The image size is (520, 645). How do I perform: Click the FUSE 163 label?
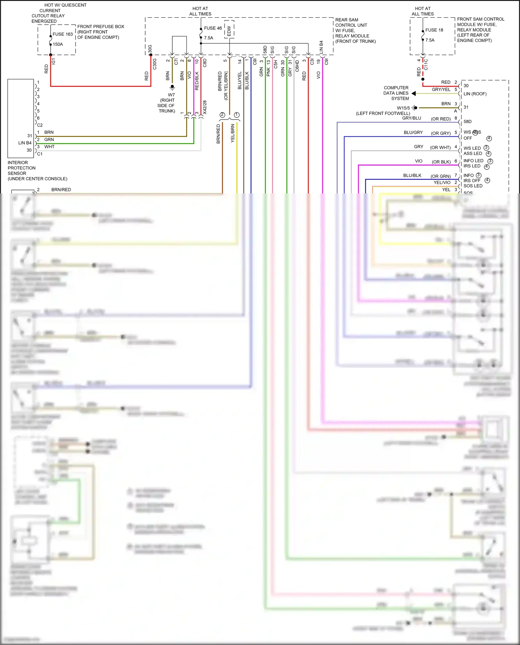tap(62, 34)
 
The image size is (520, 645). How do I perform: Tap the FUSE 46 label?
tap(213, 28)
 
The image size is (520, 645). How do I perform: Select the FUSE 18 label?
tap(434, 30)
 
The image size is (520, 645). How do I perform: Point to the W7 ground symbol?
tap(172, 87)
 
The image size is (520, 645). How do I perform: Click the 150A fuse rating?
tap(58, 44)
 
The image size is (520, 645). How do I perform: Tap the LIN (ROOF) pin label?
tap(475, 94)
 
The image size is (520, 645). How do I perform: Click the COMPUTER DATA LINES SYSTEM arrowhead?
tap(414, 93)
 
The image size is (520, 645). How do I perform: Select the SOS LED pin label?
tap(473, 186)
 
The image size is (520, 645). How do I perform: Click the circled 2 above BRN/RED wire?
tap(222, 115)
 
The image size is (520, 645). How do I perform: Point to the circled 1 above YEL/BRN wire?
tap(237, 115)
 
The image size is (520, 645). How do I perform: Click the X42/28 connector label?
tap(205, 107)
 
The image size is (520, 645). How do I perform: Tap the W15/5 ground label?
tap(403, 108)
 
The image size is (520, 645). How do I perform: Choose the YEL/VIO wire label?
tap(442, 183)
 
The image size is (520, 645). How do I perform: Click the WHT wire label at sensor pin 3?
tap(49, 147)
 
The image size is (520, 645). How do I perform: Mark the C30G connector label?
tap(155, 64)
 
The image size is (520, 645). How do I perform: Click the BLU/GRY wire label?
tap(413, 132)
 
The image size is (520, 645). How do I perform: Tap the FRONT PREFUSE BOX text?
tap(101, 27)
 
